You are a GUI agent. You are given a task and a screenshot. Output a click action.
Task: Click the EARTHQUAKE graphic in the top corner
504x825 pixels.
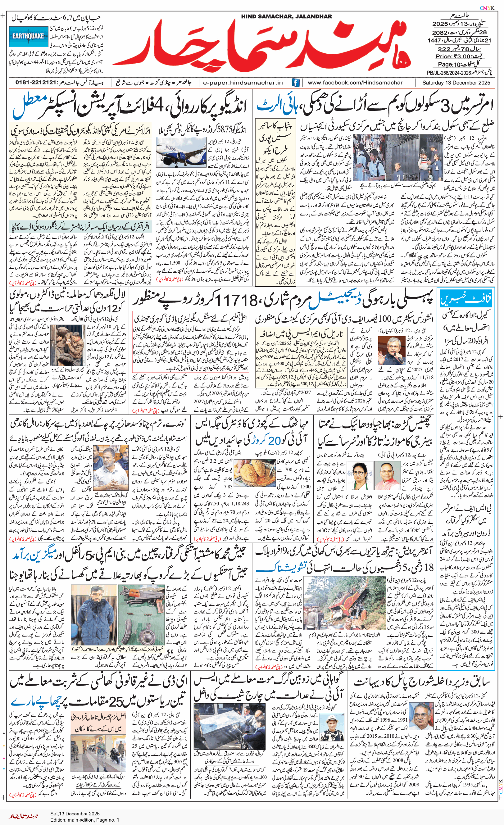[29, 36]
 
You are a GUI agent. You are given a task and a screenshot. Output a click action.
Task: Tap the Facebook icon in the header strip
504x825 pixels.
[295, 83]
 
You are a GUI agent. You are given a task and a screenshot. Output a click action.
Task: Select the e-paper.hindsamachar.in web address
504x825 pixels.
[243, 83]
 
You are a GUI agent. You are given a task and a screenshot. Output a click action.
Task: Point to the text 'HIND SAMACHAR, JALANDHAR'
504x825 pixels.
[286, 16]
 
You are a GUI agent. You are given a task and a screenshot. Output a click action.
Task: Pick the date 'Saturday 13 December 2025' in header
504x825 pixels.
[456, 83]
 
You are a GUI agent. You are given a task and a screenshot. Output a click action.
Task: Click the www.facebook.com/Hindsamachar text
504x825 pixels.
[355, 83]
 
